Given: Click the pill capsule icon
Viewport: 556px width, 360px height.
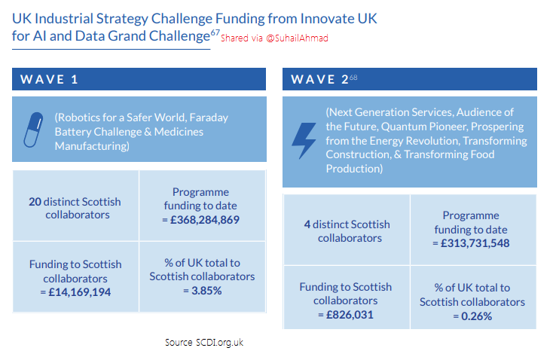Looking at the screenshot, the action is coord(33,130).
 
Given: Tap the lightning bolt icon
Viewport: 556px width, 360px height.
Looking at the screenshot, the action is coord(304,141).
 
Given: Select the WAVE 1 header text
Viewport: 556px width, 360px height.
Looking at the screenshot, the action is coord(49,79).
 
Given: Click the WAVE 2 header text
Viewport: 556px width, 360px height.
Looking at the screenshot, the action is coord(320,79).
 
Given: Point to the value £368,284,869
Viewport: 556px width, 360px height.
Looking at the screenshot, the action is coord(205,220).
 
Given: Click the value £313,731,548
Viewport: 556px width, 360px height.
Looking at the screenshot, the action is coord(475,243).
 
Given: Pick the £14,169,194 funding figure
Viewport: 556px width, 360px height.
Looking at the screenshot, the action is coord(79,292).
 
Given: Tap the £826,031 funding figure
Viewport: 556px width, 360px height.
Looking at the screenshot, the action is coord(350,315).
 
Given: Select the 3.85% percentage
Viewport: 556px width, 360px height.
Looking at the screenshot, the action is coord(206,291).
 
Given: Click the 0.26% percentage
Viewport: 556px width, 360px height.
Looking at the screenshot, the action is coord(477,316).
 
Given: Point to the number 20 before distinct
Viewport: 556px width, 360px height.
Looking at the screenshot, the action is coord(35,202).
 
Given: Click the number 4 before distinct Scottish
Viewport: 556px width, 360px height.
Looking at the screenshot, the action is coord(307,224).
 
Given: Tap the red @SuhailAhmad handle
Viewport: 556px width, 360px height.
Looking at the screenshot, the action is coord(297,38).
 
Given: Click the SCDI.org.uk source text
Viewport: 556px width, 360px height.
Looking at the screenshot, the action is coord(219,342).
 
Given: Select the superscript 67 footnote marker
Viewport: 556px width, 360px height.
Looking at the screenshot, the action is coord(215,32).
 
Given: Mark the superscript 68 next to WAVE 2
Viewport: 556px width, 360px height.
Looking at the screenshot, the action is coord(353,77).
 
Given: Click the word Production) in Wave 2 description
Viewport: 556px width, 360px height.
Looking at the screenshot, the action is coord(354,169).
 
